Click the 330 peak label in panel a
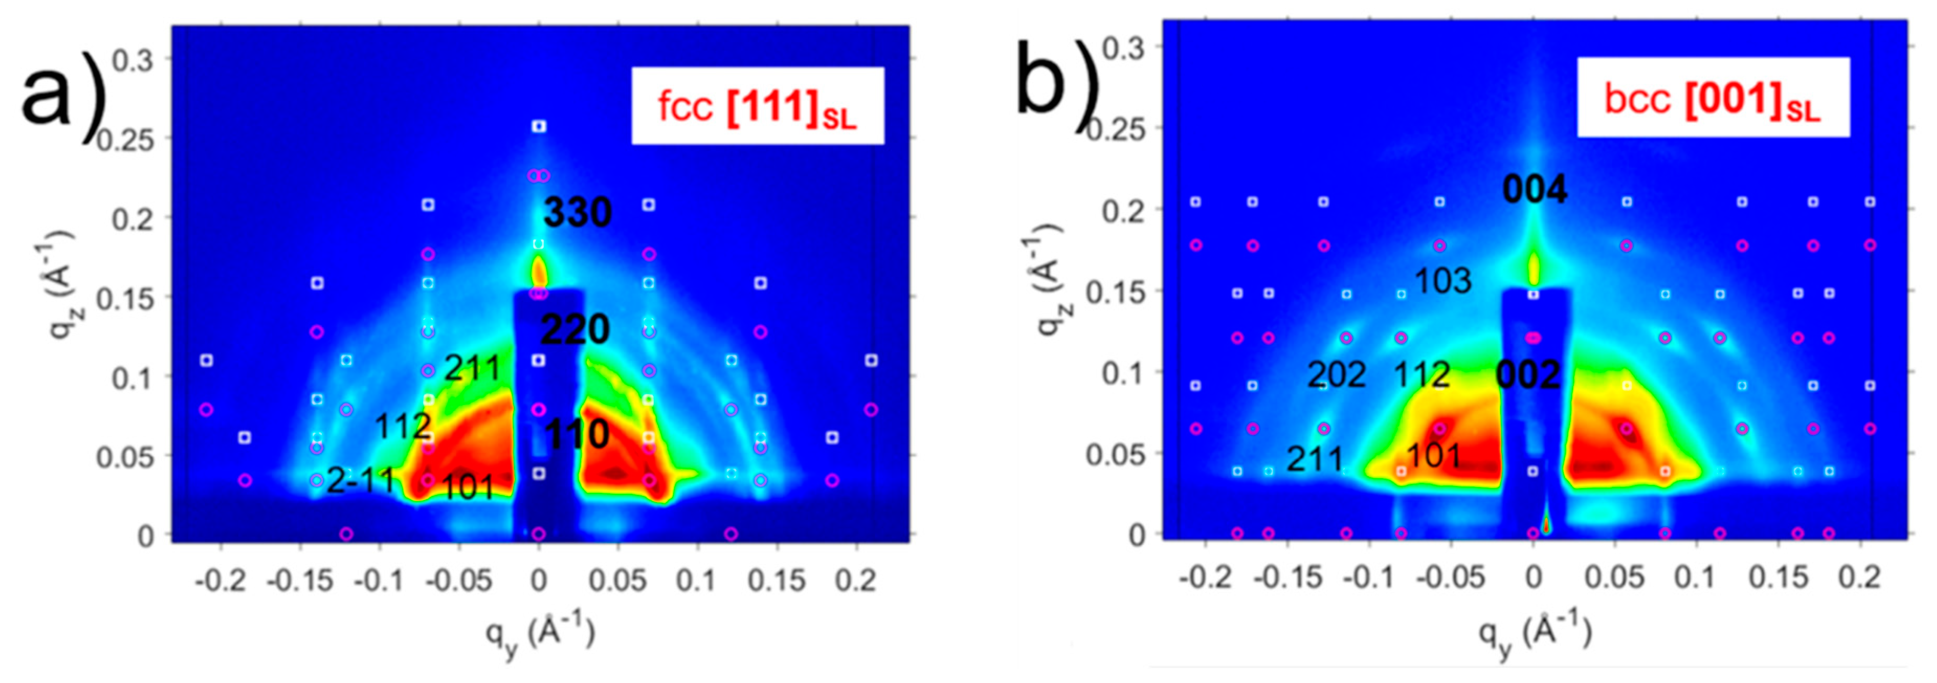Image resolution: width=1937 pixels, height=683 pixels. pyautogui.click(x=577, y=213)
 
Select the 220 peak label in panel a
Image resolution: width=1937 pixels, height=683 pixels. pyautogui.click(x=575, y=329)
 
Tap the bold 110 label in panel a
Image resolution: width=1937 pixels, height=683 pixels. pyautogui.click(x=577, y=434)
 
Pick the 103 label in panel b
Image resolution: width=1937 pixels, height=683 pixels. pyautogui.click(x=1443, y=281)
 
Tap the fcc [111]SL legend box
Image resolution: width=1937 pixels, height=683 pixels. pyautogui.click(x=757, y=106)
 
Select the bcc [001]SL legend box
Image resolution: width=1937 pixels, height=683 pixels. pyautogui.click(x=1713, y=98)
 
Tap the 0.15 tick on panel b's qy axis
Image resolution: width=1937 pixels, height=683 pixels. pyautogui.click(x=1777, y=577)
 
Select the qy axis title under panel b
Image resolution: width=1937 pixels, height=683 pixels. pyautogui.click(x=1534, y=636)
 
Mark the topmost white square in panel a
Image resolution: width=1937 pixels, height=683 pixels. pyautogui.click(x=538, y=126)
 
